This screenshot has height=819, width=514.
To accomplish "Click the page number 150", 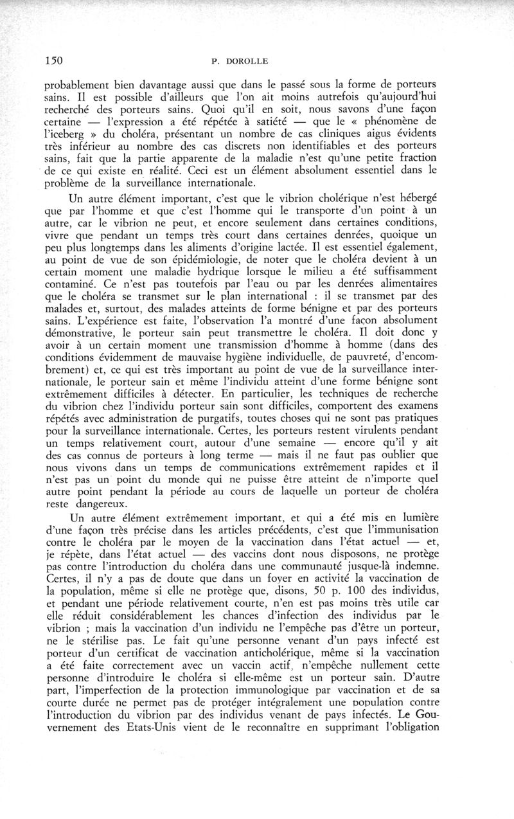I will pyautogui.click(x=53, y=61).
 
